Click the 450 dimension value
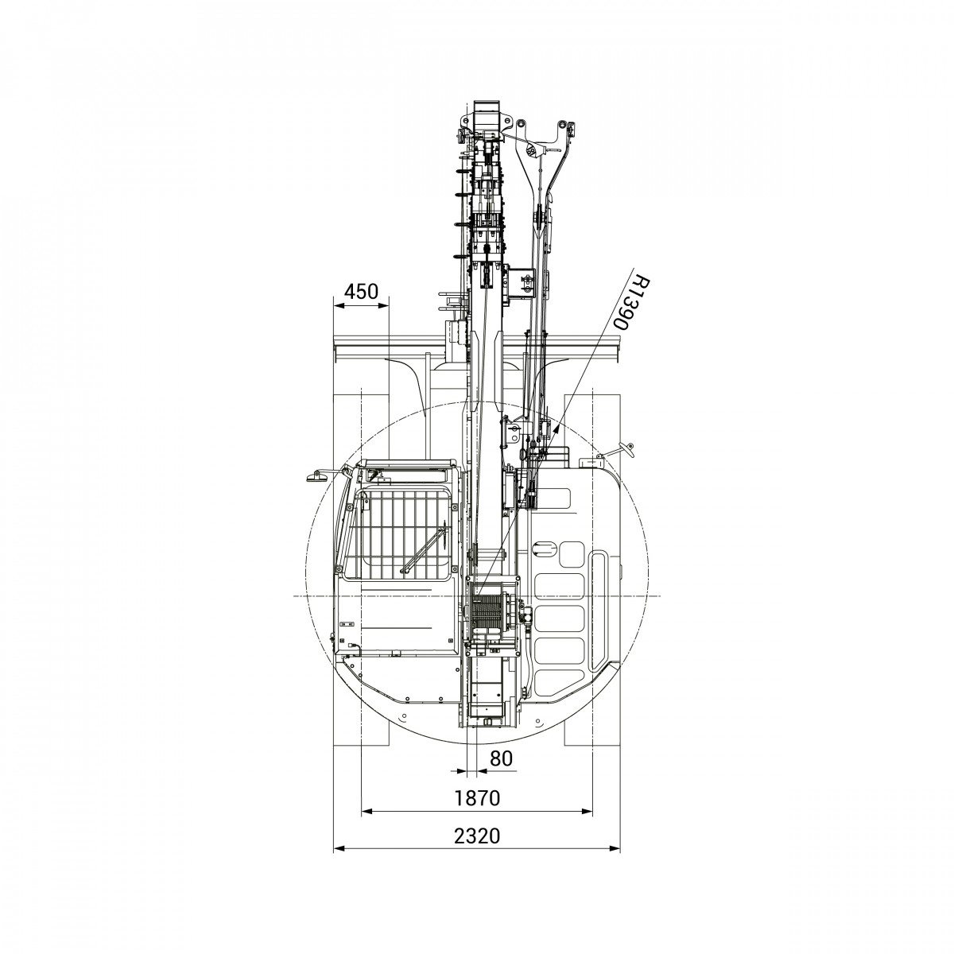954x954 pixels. (x=361, y=292)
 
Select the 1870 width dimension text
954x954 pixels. (x=477, y=797)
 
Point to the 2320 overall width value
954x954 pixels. (x=477, y=836)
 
